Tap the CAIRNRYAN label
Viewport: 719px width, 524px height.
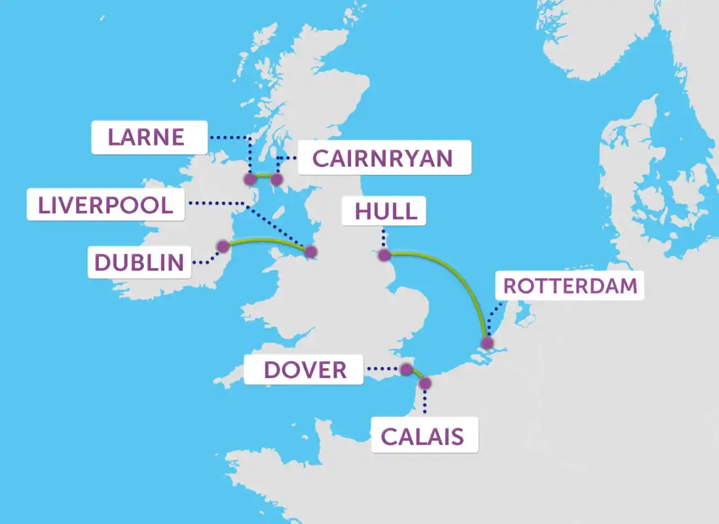click(x=384, y=158)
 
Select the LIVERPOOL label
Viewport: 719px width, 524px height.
click(x=105, y=204)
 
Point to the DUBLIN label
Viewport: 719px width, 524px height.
click(x=139, y=262)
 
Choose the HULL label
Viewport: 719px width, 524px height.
click(x=386, y=211)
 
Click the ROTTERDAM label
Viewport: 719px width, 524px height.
click(x=570, y=286)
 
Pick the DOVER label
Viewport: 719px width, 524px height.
click(x=304, y=369)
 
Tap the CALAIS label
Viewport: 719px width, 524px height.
click(x=424, y=436)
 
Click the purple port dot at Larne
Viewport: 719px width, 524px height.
click(x=249, y=179)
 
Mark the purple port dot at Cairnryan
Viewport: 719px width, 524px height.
click(x=276, y=179)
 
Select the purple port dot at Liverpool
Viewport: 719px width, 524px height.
click(x=310, y=252)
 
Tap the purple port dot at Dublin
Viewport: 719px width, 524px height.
click(x=223, y=246)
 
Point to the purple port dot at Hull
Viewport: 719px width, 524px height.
click(x=384, y=255)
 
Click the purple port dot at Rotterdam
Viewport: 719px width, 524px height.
click(x=487, y=343)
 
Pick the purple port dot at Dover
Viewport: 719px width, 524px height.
click(x=406, y=369)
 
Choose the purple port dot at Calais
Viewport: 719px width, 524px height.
click(x=425, y=383)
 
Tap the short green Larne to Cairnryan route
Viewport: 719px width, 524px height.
click(x=263, y=176)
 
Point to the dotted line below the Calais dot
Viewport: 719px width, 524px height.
click(x=425, y=401)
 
